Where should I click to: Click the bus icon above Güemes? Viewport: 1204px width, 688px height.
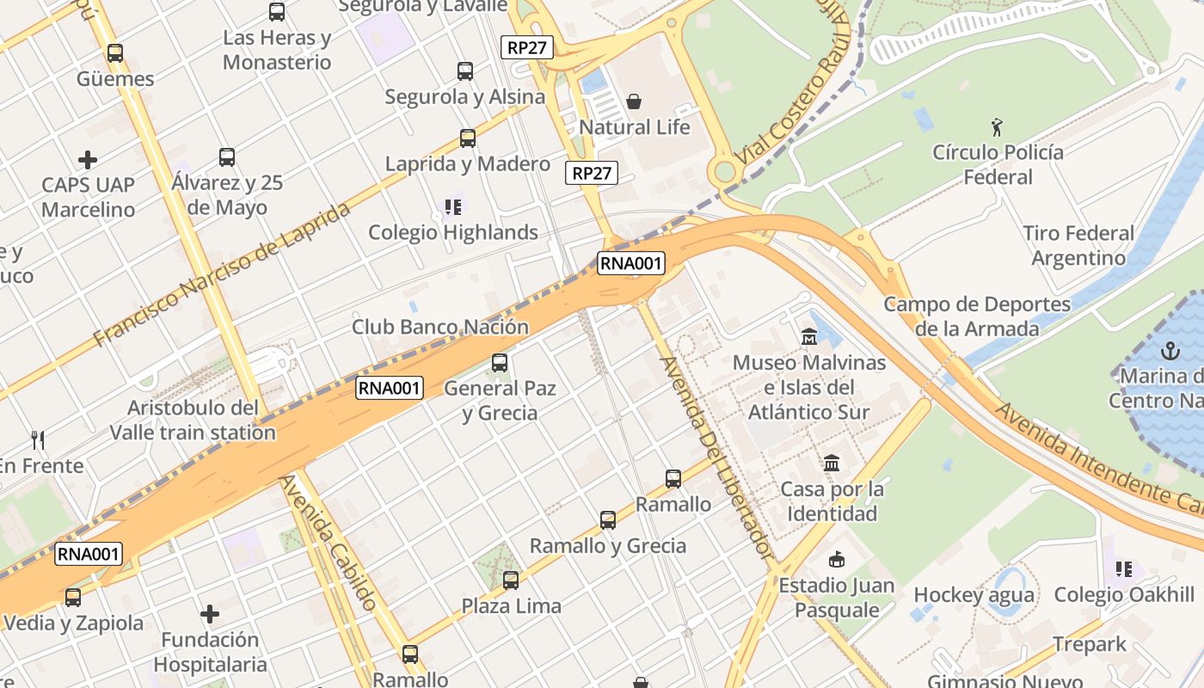click(115, 52)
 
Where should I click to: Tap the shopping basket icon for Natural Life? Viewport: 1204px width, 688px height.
click(634, 101)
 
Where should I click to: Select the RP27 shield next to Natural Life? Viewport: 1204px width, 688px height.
click(593, 173)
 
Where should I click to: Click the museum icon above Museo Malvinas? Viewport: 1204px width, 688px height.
click(808, 337)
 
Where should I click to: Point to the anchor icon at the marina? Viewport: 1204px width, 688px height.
click(1169, 351)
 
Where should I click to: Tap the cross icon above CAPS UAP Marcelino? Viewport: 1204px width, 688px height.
click(88, 160)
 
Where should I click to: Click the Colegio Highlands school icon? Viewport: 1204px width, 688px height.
click(452, 206)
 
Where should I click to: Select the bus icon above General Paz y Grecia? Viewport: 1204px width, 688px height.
click(500, 363)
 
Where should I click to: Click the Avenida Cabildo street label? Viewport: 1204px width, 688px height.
click(328, 543)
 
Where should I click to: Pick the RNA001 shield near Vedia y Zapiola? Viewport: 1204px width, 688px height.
click(89, 554)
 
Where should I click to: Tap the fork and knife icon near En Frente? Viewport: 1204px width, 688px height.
click(37, 440)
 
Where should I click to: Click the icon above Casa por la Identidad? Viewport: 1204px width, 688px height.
click(831, 464)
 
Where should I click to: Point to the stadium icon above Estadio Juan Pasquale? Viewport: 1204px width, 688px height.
click(836, 560)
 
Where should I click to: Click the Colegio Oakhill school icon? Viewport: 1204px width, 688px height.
click(1123, 568)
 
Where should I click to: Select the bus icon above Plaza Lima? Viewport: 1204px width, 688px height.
click(511, 580)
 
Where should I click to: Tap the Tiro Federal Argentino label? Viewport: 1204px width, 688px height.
click(1078, 245)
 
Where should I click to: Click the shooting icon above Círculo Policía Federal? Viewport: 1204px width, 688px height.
click(997, 127)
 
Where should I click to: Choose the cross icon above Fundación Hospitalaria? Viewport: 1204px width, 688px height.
click(210, 614)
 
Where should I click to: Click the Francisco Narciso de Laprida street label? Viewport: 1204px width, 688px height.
click(223, 275)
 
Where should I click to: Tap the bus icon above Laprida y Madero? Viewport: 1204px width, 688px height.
click(468, 138)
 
